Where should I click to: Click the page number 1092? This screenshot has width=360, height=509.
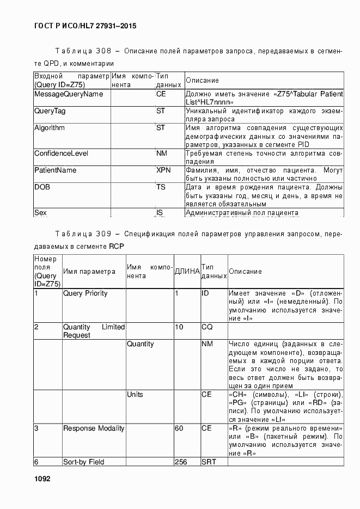[x=42, y=479]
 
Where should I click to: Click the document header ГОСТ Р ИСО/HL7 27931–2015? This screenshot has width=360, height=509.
[x=84, y=26]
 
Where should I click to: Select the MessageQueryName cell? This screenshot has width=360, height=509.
[x=69, y=94]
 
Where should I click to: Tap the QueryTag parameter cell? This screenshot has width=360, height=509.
[x=50, y=111]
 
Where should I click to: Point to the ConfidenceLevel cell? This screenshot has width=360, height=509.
[x=61, y=154]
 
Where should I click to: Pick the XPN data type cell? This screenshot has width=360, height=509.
[x=164, y=170]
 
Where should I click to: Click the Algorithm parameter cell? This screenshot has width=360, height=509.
[x=50, y=128]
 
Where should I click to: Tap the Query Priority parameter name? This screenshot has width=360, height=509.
[x=86, y=293]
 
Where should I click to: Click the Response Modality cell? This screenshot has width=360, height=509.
[x=94, y=428]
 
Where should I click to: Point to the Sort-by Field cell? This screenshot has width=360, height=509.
[x=83, y=462]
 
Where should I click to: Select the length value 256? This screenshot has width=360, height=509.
[x=181, y=462]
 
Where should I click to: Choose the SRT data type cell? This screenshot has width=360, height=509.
[x=209, y=462]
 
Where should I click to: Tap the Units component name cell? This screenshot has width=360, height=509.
[x=135, y=395]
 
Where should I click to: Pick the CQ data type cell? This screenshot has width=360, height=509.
[x=206, y=327]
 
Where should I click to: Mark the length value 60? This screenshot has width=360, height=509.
[x=179, y=428]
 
